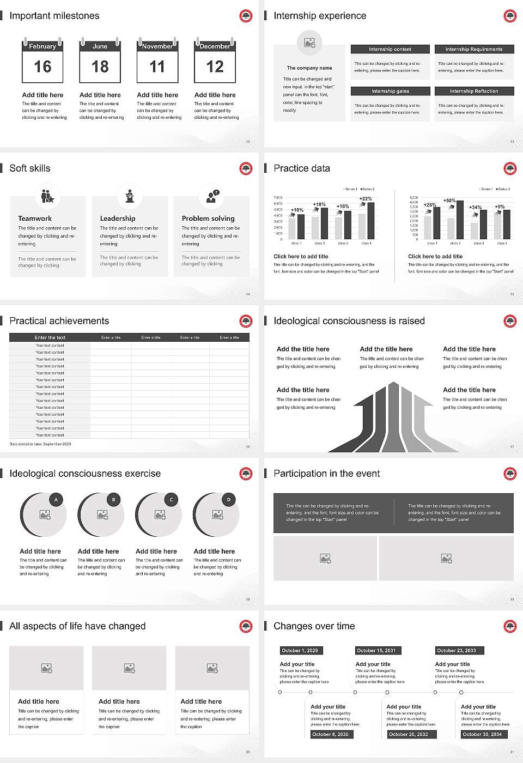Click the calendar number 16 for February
(42, 66)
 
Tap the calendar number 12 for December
(215, 66)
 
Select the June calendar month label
(100, 46)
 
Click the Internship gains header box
(390, 91)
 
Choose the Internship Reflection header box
(474, 91)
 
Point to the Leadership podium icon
(130, 196)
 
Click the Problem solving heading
(208, 218)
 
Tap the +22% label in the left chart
(366, 199)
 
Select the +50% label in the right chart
(449, 201)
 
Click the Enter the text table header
(50, 337)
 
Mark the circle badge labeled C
(171, 499)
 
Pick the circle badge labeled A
(56, 499)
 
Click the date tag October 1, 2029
(299, 650)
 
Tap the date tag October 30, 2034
(482, 734)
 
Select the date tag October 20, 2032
(408, 734)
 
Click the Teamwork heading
(35, 218)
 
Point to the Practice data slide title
(302, 168)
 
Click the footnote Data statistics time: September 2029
(40, 444)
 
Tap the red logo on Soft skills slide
(246, 168)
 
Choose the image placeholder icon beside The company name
(309, 42)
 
